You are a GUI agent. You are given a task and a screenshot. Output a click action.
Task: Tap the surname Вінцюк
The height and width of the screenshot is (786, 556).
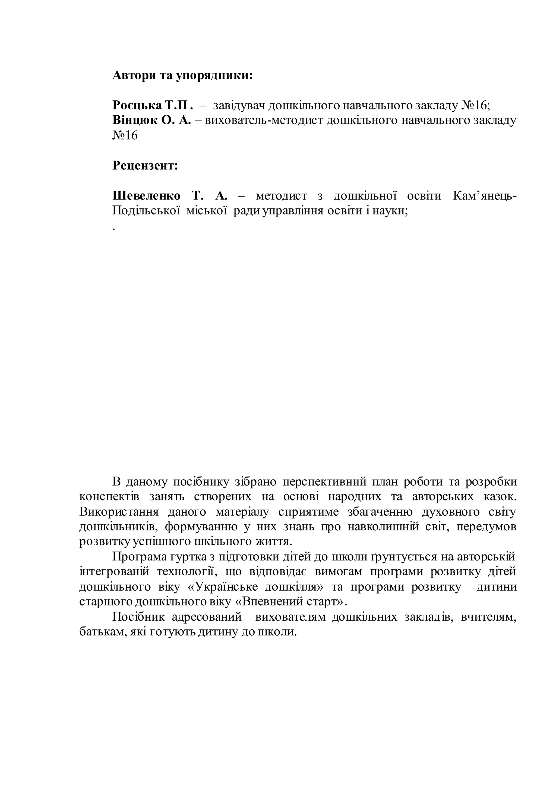coord(135,121)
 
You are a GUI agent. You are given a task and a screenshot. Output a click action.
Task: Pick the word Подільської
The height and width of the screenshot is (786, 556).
coord(146,211)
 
